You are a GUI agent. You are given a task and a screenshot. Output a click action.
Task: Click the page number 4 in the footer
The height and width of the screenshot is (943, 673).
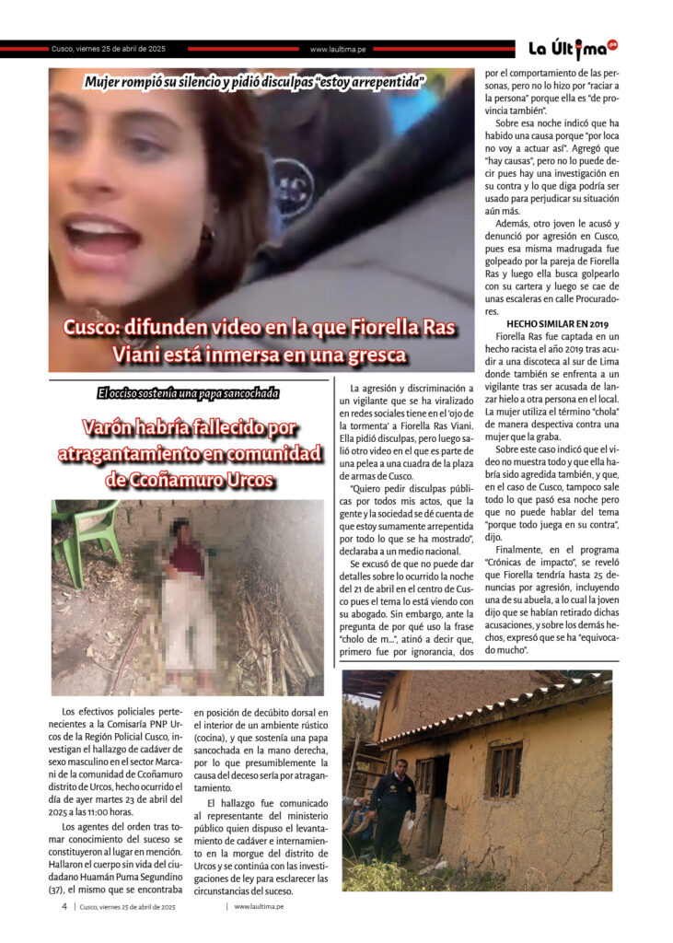(64, 906)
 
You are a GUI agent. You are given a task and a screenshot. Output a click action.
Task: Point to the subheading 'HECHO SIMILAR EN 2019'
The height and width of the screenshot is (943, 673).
(558, 324)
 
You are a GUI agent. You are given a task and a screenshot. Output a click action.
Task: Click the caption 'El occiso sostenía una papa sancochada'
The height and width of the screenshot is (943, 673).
(188, 394)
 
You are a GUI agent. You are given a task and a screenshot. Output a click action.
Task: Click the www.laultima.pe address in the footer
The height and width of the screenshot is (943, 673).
(260, 906)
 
